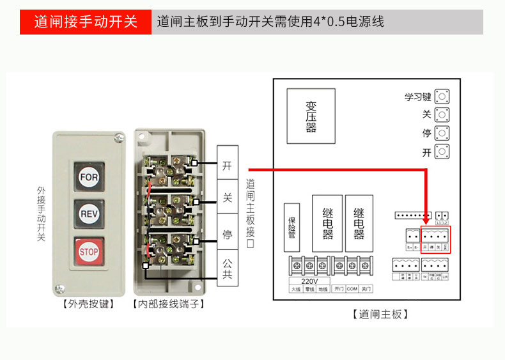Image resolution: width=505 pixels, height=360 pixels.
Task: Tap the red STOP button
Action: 88,251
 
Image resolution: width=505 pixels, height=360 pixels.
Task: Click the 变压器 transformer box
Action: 311,116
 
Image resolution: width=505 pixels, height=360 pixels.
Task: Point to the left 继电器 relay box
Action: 328,223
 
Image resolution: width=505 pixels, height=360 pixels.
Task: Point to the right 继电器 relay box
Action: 359,223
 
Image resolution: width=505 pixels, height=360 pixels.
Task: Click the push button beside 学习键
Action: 441,97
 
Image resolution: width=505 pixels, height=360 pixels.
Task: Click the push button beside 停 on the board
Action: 441,134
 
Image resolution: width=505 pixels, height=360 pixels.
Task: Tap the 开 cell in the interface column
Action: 227,166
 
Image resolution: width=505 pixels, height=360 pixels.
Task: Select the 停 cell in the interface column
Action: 227,234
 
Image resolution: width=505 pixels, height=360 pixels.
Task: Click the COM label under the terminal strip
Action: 352,289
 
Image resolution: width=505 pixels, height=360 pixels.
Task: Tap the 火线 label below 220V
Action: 295,289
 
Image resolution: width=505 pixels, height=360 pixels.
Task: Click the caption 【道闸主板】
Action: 380,314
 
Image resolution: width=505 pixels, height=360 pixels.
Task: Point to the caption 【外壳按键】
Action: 88,304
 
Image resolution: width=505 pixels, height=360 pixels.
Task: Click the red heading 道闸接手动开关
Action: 86,22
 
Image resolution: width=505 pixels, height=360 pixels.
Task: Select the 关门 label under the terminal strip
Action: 366,289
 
